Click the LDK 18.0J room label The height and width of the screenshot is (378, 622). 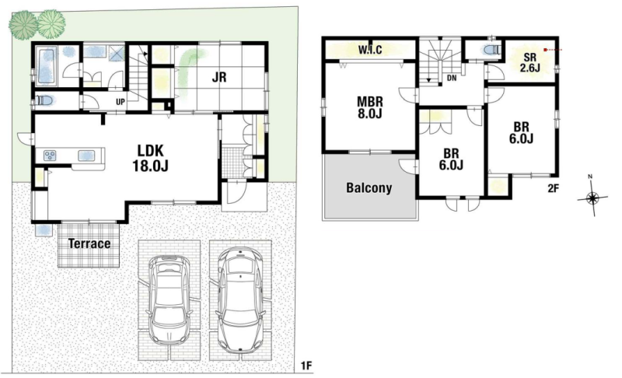150,158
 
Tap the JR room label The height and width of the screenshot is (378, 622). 219,76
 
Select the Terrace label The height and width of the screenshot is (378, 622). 89,243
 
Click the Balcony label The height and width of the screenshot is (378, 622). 369,187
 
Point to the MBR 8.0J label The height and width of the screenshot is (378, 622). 370,107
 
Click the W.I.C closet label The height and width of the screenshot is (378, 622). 370,50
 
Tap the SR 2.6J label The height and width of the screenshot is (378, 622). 530,63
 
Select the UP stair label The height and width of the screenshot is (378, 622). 121,102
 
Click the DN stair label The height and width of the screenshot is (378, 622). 452,78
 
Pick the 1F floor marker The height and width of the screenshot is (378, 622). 306,366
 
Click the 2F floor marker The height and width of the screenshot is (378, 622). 553,188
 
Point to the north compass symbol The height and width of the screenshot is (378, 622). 592,196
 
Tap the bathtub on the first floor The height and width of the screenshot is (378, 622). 47,65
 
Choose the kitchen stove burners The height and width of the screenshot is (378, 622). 51,156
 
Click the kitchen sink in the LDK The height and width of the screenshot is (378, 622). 86,156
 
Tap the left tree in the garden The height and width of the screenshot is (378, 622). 23,24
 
